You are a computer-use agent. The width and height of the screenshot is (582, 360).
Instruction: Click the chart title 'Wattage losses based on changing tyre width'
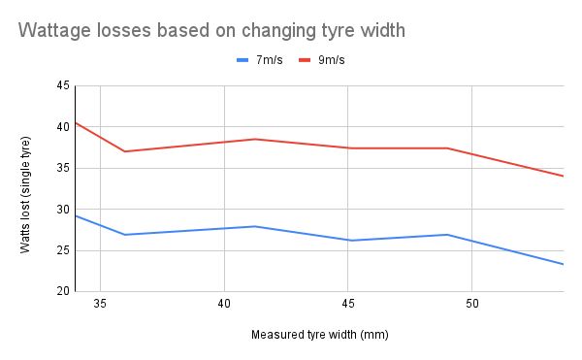click(x=210, y=30)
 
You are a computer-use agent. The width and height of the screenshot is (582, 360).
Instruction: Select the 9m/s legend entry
click(x=335, y=60)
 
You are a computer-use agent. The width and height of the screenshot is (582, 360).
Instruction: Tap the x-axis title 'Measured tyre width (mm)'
click(x=319, y=335)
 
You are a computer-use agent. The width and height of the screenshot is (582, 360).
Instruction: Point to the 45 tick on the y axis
click(x=63, y=86)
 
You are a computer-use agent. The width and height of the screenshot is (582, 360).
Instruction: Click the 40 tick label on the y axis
click(x=63, y=127)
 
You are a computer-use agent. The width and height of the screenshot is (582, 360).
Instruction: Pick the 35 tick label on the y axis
click(x=63, y=168)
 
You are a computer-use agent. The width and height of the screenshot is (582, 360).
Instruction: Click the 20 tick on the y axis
click(x=63, y=291)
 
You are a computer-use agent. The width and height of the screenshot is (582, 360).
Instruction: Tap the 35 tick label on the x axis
click(x=100, y=304)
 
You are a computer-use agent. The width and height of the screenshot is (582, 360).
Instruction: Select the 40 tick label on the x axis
click(x=224, y=304)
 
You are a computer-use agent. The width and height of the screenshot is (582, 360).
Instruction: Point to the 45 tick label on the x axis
click(x=347, y=304)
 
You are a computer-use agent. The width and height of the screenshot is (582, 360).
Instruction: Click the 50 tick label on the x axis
click(x=471, y=304)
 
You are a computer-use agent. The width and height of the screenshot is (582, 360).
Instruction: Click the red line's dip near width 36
click(x=124, y=151)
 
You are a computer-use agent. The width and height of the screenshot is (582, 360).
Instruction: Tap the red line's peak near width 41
click(x=255, y=139)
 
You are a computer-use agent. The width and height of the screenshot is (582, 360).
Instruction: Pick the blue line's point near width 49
click(x=447, y=235)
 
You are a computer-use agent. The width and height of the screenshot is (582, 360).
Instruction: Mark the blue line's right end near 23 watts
click(x=563, y=264)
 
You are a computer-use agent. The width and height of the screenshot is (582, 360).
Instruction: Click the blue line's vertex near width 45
click(x=348, y=241)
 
